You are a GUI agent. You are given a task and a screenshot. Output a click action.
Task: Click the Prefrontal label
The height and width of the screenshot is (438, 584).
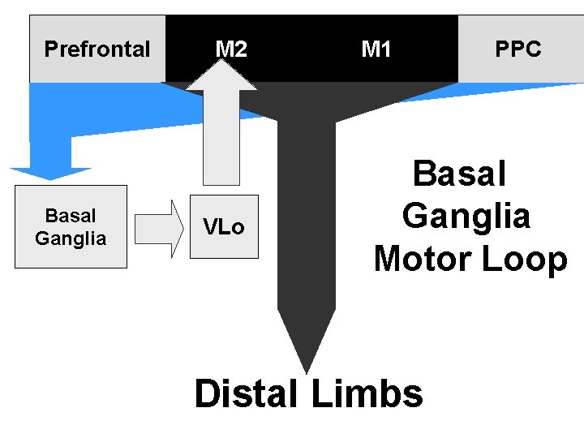[97, 49]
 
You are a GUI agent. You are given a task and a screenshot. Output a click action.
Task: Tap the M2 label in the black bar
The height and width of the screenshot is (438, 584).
[231, 49]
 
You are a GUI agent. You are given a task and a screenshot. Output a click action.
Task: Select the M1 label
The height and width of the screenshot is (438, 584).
[376, 49]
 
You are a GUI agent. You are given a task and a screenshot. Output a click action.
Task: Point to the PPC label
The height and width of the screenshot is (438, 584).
[518, 49]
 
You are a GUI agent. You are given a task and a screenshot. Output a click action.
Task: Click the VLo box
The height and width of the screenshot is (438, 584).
[224, 227]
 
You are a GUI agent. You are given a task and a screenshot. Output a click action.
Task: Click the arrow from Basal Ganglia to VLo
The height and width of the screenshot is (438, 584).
[159, 228]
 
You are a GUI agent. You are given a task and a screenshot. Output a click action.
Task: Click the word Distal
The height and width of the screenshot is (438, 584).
[246, 394]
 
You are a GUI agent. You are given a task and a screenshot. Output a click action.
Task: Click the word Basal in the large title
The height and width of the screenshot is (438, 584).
[460, 174]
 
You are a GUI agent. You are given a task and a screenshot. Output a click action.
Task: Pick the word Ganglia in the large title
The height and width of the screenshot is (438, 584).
[466, 217]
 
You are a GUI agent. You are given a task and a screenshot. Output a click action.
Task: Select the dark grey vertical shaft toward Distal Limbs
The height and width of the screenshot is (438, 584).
[306, 219]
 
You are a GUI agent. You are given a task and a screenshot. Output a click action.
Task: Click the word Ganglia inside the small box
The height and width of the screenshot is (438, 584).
[71, 238]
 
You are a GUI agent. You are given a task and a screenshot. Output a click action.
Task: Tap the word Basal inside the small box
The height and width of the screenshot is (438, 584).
[71, 216]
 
